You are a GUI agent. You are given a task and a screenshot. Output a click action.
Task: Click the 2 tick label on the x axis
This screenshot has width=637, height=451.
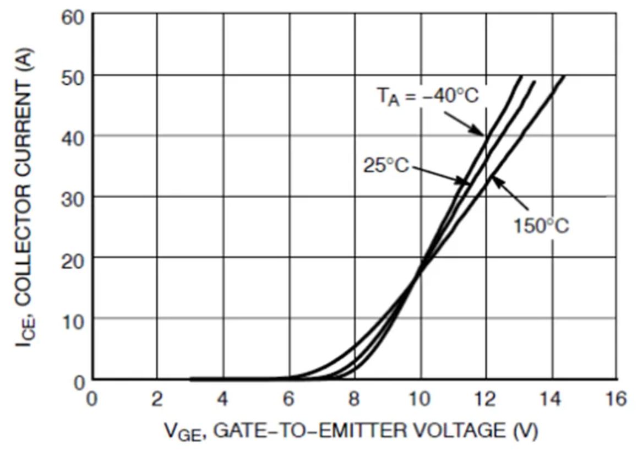click(x=157, y=398)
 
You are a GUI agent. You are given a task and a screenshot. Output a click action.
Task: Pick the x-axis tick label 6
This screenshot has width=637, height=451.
click(x=289, y=398)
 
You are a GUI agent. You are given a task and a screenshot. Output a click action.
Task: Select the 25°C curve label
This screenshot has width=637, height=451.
click(x=386, y=165)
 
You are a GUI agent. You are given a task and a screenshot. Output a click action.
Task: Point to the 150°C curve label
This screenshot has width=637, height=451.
click(x=541, y=226)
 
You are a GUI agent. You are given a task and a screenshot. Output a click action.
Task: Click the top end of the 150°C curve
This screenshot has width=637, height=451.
click(x=563, y=76)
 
